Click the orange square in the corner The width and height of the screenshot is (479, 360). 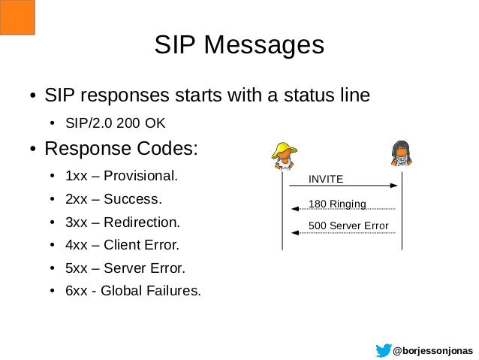pyautogui.click(x=18, y=17)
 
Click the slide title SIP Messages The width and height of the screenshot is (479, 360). pyautogui.click(x=239, y=44)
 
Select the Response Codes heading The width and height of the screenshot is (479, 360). pyautogui.click(x=122, y=147)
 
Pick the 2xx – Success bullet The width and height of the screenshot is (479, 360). pyautogui.click(x=113, y=201)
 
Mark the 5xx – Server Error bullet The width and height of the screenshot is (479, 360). pyautogui.click(x=124, y=268)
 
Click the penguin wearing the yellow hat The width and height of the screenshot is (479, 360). pyautogui.click(x=283, y=155)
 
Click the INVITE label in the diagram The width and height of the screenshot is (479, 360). pyautogui.click(x=326, y=179)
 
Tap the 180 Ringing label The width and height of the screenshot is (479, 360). pyautogui.click(x=337, y=203)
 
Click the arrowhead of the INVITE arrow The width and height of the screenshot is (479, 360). pyautogui.click(x=393, y=186)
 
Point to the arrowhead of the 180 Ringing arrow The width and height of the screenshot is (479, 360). pyautogui.click(x=294, y=209)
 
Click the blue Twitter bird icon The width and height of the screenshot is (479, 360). pyautogui.click(x=383, y=349)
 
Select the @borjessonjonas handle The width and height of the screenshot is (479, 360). pyautogui.click(x=433, y=350)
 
